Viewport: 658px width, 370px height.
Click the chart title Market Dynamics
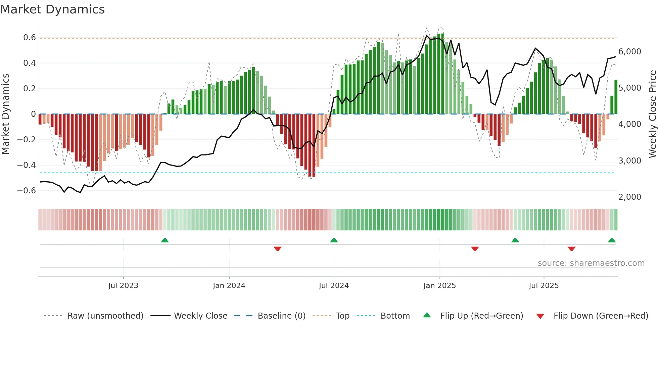pos(53,9)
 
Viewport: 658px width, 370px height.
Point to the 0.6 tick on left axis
pos(29,38)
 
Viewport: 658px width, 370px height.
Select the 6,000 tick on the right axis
pos(629,52)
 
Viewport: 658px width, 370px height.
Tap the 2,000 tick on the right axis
pos(629,197)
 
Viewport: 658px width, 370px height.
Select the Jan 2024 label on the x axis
pos(229,286)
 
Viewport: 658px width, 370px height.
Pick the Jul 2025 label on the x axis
pos(544,286)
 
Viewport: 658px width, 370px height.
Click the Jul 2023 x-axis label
pos(123,286)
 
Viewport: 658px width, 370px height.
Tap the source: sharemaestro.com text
pos(591,263)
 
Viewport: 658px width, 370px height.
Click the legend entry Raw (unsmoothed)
pos(105,316)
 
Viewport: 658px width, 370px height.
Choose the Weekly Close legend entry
pos(200,316)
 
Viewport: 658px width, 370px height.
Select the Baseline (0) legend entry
pos(281,316)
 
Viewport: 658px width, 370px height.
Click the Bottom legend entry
pos(395,316)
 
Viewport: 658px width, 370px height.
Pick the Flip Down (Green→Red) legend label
pos(601,316)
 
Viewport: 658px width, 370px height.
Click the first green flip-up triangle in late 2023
pos(165,240)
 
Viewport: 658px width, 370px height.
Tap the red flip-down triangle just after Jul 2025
pos(571,249)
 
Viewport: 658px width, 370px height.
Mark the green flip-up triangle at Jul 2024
pos(334,240)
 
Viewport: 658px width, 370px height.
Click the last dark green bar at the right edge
pos(616,97)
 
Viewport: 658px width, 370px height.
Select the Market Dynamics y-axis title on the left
pos(5,114)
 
